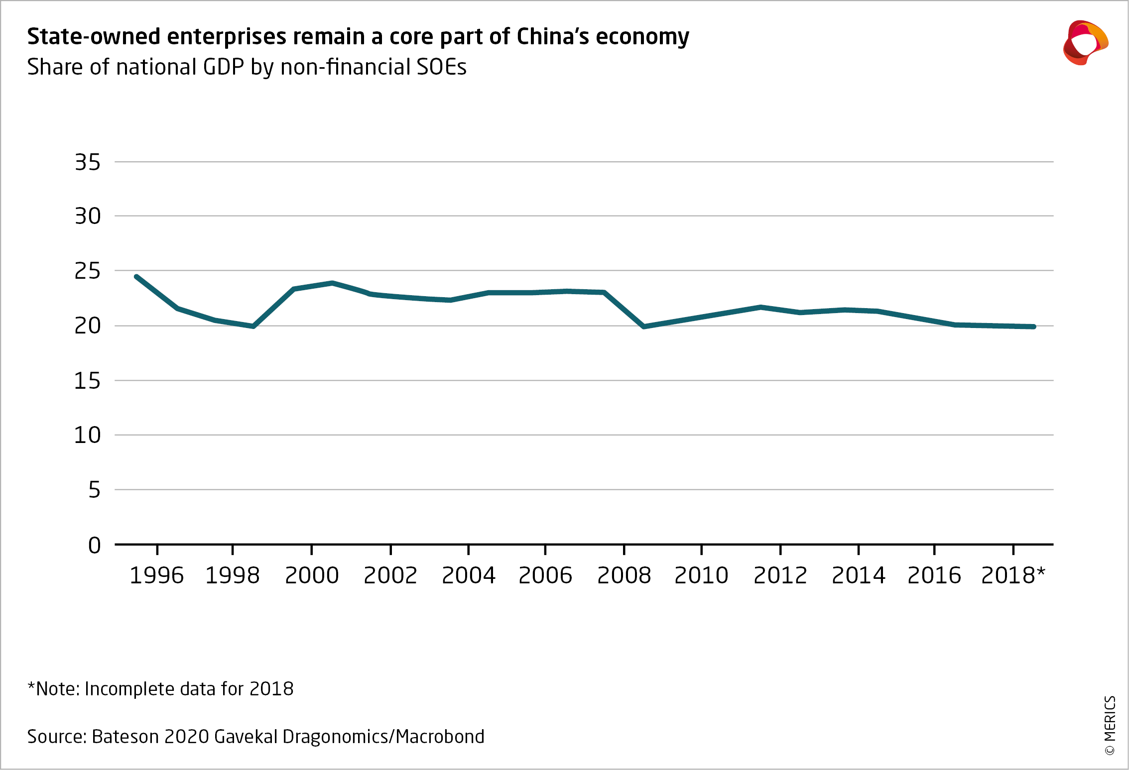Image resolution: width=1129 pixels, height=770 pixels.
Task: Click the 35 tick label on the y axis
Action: (x=88, y=162)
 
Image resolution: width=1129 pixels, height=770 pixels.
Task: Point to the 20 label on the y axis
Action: (x=88, y=326)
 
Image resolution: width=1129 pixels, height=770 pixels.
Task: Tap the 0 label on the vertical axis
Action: (x=94, y=546)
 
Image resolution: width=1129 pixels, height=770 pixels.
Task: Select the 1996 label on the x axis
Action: (x=157, y=576)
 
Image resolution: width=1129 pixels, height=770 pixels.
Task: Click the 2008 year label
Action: (x=624, y=576)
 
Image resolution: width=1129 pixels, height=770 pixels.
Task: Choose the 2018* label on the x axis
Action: (x=1013, y=576)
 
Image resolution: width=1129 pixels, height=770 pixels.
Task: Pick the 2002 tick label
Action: (x=390, y=576)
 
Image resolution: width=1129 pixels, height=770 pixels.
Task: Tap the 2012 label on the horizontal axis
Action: (x=780, y=576)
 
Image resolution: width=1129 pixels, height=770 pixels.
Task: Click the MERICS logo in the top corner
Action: (x=1086, y=43)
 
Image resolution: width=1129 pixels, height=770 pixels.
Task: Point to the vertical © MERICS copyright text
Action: (x=1110, y=725)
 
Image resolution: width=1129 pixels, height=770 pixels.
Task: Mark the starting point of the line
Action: (x=136, y=276)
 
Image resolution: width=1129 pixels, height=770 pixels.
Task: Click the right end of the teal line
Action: (x=1034, y=327)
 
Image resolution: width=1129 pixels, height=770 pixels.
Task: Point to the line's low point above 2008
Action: (x=644, y=327)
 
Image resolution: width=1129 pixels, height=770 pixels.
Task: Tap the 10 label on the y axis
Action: (x=88, y=436)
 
